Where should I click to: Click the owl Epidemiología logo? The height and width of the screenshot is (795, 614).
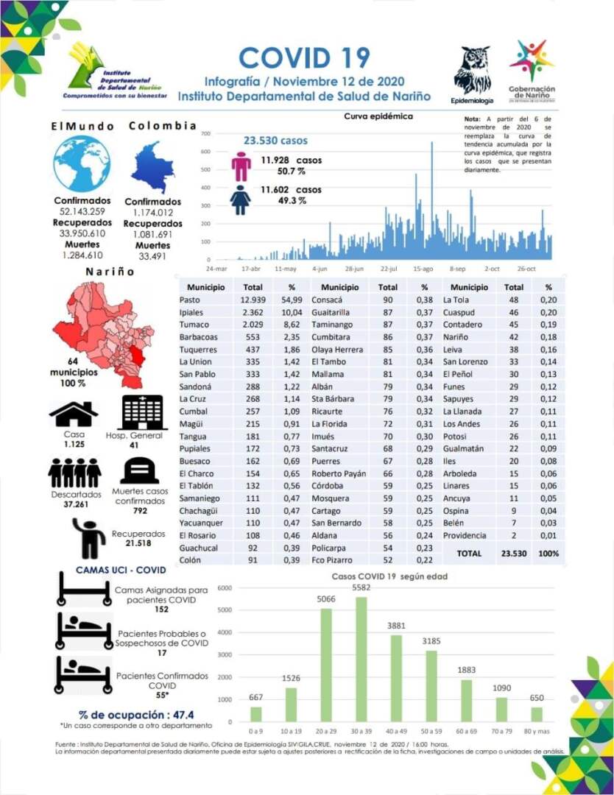(472, 70)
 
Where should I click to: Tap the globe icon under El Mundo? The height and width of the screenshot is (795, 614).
(82, 163)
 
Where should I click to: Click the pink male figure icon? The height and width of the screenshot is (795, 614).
(241, 166)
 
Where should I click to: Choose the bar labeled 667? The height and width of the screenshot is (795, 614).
(255, 714)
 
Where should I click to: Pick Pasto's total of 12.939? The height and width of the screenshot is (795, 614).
(253, 300)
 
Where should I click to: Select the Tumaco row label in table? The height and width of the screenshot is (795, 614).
(194, 325)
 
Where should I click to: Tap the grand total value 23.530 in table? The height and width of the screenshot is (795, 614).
(514, 554)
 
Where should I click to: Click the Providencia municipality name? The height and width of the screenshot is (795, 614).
(465, 535)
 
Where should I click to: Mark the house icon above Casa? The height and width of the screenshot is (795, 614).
(74, 414)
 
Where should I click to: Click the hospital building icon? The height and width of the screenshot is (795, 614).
(143, 412)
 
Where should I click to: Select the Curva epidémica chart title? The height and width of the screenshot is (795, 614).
(378, 116)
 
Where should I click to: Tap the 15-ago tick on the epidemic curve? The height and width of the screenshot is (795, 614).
(423, 269)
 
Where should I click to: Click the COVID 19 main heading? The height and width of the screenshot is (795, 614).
(304, 57)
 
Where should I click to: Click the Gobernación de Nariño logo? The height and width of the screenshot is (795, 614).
(532, 71)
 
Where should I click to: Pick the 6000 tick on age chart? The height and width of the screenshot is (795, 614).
(225, 588)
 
